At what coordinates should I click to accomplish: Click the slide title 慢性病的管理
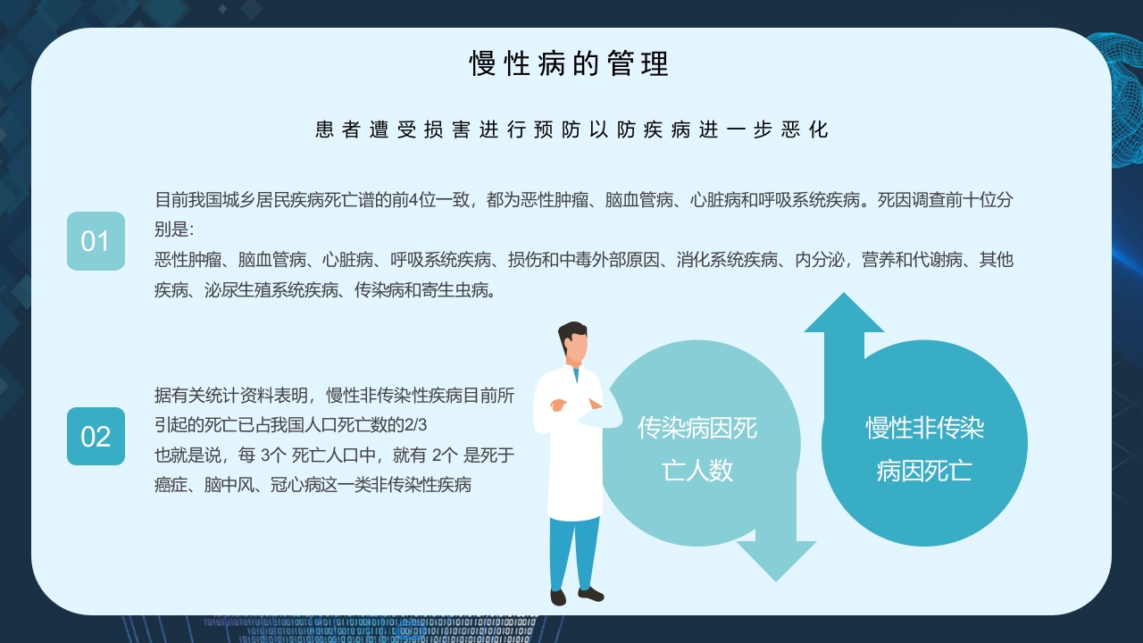coord(570,64)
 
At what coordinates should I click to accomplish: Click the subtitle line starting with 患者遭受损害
coord(571,129)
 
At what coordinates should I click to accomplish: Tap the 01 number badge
coord(96,241)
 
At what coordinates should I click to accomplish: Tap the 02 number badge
coord(96,437)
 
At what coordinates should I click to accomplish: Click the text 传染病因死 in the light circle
coord(697,428)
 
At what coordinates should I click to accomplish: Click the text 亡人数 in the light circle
coord(697,471)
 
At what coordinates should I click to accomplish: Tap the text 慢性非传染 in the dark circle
coord(924,428)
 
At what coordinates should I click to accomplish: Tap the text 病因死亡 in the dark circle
coord(924,471)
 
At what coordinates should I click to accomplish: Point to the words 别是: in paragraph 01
coord(173,230)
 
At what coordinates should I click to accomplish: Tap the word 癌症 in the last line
coord(171,485)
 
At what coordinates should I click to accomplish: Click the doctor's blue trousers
coord(574,549)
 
